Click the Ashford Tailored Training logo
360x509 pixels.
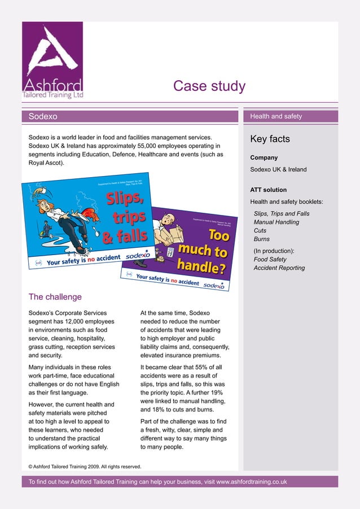pos(52,61)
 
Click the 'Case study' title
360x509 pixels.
pos(209,86)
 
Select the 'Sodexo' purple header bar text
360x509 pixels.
pos(43,116)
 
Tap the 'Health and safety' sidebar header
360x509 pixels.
pos(276,116)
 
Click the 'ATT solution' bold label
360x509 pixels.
pos(268,190)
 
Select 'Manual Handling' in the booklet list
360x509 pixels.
pos(276,222)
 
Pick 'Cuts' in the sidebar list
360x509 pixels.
pos(260,231)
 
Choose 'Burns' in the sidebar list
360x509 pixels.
pos(262,239)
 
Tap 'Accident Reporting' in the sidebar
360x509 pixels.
pos(279,268)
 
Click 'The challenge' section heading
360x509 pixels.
pos(55,297)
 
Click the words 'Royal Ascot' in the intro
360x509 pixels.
pos(46,163)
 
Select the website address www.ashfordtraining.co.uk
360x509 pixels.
pos(252,482)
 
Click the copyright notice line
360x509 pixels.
pos(85,467)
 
